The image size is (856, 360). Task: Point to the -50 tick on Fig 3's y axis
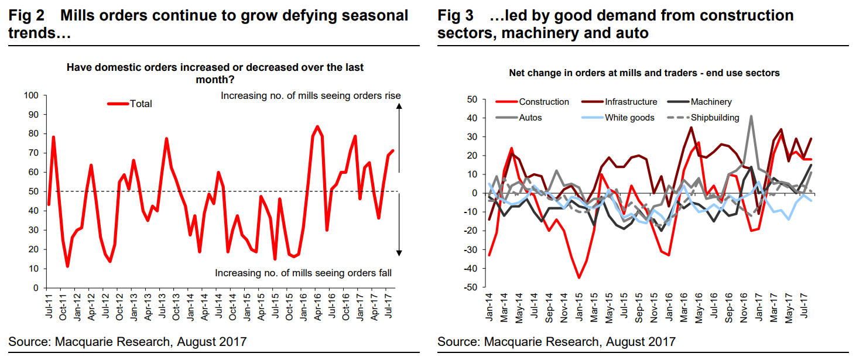pyautogui.click(x=469, y=288)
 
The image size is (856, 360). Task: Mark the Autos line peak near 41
pyautogui.click(x=751, y=116)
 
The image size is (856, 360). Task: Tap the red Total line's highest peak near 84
pyautogui.click(x=317, y=126)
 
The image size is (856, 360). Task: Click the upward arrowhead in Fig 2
pyautogui.click(x=399, y=106)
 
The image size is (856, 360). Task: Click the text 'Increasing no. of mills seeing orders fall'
pyautogui.click(x=303, y=273)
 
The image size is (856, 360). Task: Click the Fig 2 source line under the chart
pyautogui.click(x=128, y=341)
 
